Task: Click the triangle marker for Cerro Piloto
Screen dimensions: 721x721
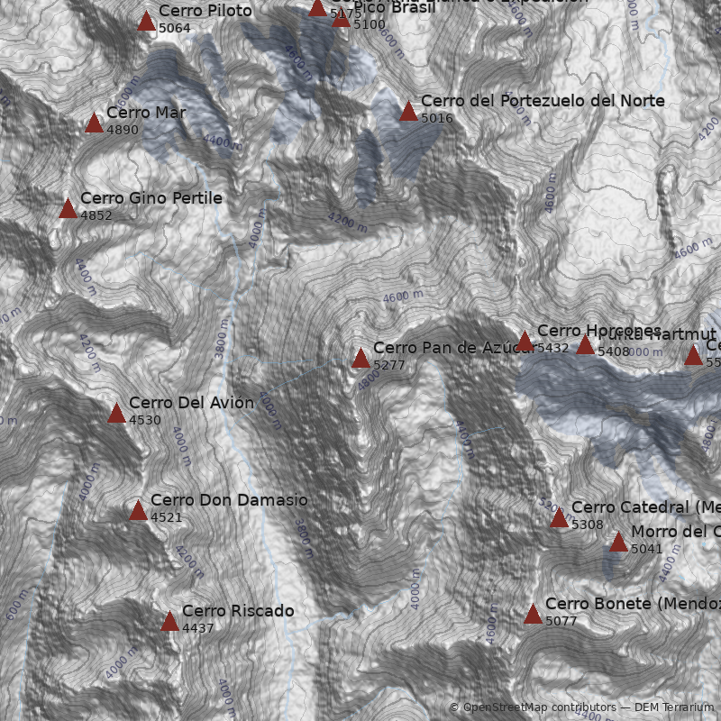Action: [146, 22]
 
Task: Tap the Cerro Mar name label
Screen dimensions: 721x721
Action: [146, 113]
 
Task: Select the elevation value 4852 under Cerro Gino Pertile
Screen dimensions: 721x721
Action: [96, 216]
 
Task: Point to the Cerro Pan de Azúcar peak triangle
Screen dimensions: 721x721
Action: [360, 359]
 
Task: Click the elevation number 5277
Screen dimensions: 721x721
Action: [389, 365]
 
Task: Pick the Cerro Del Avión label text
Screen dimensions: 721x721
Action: [191, 403]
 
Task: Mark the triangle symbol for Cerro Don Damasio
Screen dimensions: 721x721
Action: [138, 511]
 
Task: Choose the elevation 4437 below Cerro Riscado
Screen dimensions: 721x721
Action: [198, 628]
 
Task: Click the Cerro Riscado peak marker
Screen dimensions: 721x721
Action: [169, 621]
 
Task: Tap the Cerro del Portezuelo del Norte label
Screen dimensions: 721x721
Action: [543, 101]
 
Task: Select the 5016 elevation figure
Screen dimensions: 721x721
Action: [437, 118]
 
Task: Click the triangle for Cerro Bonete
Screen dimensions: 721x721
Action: [533, 615]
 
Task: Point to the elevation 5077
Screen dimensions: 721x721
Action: [561, 621]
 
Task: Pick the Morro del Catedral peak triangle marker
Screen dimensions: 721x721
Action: [618, 542]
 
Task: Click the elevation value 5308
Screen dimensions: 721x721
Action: [588, 525]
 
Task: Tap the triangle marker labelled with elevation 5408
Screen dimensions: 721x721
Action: [585, 345]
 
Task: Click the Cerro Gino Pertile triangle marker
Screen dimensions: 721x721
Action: [68, 209]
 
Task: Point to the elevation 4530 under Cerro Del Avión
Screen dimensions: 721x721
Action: [145, 420]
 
